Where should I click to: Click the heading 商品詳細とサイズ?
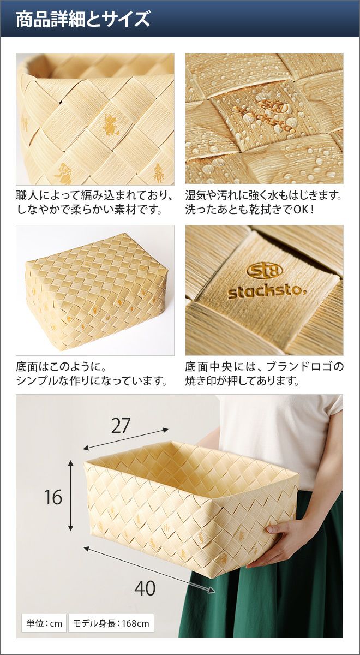(83, 19)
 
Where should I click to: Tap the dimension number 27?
(121, 426)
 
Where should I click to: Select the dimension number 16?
(53, 497)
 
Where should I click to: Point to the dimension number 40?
(145, 580)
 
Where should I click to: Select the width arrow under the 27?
(125, 439)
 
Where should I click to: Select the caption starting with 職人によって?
(95, 202)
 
